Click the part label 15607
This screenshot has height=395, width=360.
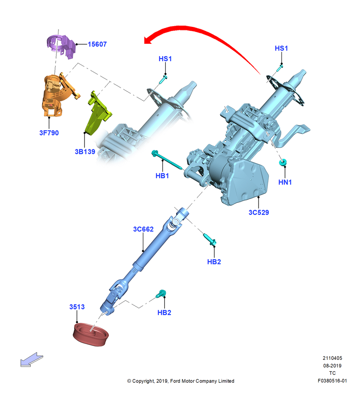tap(97, 44)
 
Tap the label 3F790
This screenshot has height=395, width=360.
tap(49, 133)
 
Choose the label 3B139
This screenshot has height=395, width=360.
tap(85, 152)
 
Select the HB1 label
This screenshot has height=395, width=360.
tap(162, 176)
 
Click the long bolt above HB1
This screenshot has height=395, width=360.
tap(167, 161)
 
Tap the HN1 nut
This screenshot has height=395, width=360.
tap(283, 162)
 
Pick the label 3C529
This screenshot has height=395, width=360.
tap(259, 213)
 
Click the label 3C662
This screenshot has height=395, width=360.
tap(143, 229)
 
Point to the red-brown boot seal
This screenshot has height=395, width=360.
tap(91, 335)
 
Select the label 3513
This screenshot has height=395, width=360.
tap(77, 307)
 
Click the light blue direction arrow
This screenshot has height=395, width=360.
tap(32, 359)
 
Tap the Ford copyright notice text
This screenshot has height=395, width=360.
tap(181, 381)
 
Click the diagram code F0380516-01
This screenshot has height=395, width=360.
tap(332, 381)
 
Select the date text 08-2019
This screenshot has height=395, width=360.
tap(332, 365)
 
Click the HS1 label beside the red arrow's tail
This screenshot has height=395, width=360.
tap(281, 48)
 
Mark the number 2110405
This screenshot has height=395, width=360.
tap(332, 358)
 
